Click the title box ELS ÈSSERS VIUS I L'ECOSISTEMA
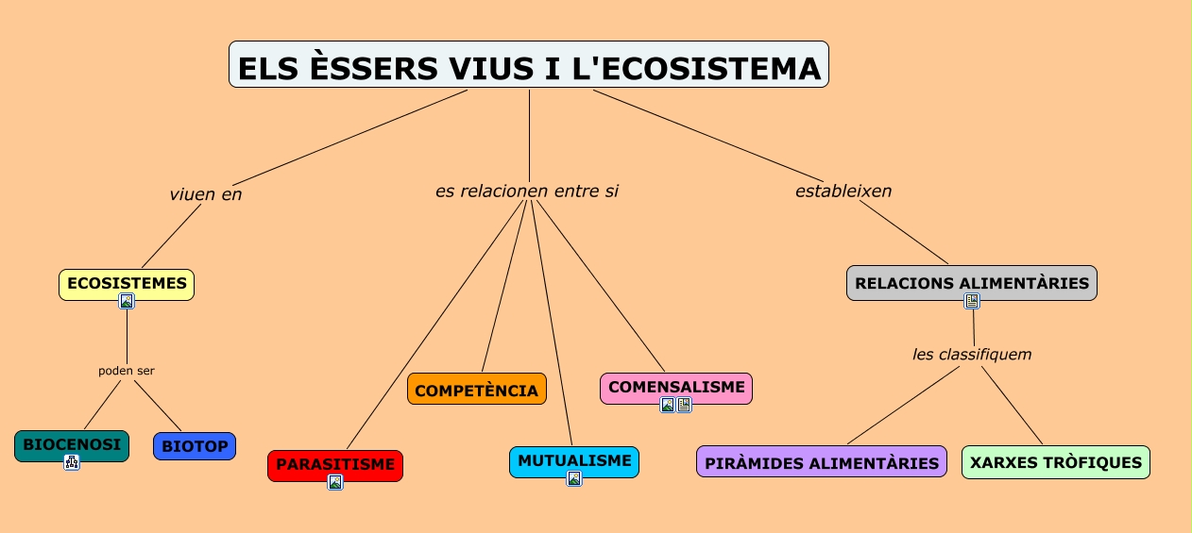point(528,65)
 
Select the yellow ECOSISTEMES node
point(127,282)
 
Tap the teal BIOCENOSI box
point(72,443)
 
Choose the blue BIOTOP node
point(195,445)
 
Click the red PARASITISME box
point(335,464)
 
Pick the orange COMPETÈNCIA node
point(477,390)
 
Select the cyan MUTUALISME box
point(574,460)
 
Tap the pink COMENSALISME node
point(676,387)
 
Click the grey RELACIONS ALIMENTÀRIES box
point(972,282)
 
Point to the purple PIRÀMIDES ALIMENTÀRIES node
point(822,462)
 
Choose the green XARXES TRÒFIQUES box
point(1056,462)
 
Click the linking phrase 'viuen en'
point(206,194)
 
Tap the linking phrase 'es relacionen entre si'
point(527,191)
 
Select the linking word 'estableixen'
point(843,191)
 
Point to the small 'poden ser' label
point(127,371)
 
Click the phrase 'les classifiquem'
point(972,355)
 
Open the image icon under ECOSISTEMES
point(127,301)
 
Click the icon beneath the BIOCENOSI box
point(72,461)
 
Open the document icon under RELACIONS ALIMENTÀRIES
point(972,301)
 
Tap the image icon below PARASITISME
point(335,482)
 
